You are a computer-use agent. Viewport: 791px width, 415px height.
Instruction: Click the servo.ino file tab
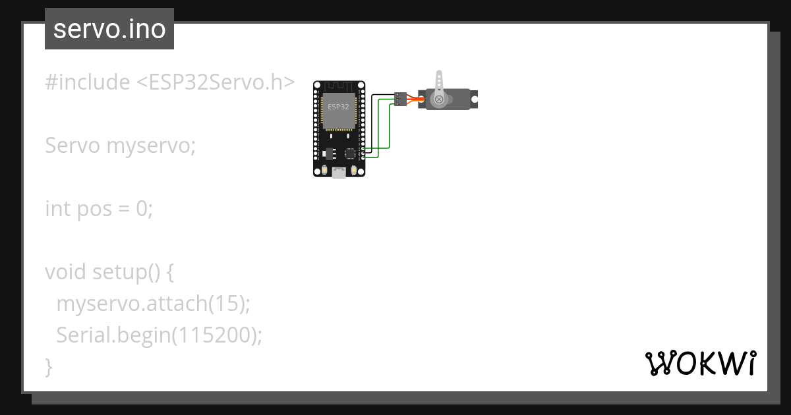click(109, 29)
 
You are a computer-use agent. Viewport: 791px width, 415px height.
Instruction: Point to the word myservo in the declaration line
click(150, 146)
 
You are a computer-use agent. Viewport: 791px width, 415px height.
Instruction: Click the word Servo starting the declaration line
click(73, 146)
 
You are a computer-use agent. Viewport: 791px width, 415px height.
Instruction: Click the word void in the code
click(65, 272)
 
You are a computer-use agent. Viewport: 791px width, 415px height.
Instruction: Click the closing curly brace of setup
click(48, 366)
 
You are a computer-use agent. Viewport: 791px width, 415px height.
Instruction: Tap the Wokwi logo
click(700, 363)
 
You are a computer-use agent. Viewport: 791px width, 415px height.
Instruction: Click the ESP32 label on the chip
click(338, 106)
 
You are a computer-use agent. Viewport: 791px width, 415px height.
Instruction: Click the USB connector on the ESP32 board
click(339, 173)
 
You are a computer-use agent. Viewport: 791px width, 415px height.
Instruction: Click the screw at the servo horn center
click(438, 99)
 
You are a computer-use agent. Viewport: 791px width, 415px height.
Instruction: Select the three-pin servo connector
click(399, 98)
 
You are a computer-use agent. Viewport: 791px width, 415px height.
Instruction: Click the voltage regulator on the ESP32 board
click(330, 153)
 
